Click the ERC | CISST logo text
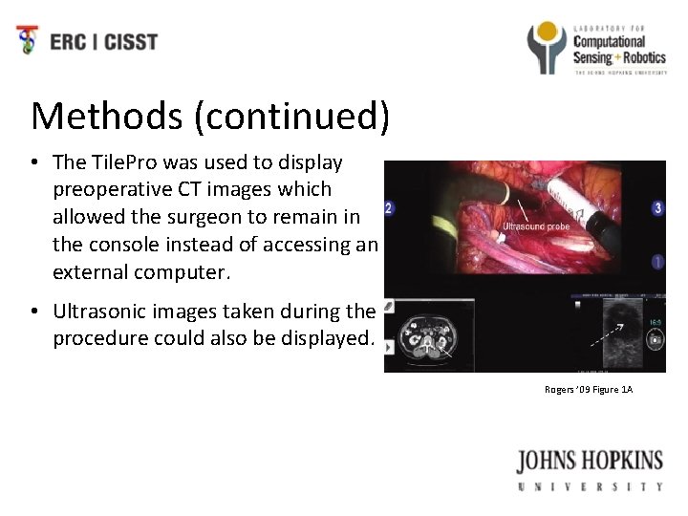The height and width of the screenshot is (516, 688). pyautogui.click(x=103, y=41)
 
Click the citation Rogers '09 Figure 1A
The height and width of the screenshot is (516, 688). pyautogui.click(x=589, y=389)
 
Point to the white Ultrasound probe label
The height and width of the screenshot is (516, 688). pyautogui.click(x=535, y=226)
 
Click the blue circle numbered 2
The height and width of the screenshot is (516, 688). pyautogui.click(x=388, y=208)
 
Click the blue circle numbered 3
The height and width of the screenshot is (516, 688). pyautogui.click(x=657, y=207)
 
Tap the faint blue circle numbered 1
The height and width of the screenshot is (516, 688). pyautogui.click(x=657, y=260)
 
